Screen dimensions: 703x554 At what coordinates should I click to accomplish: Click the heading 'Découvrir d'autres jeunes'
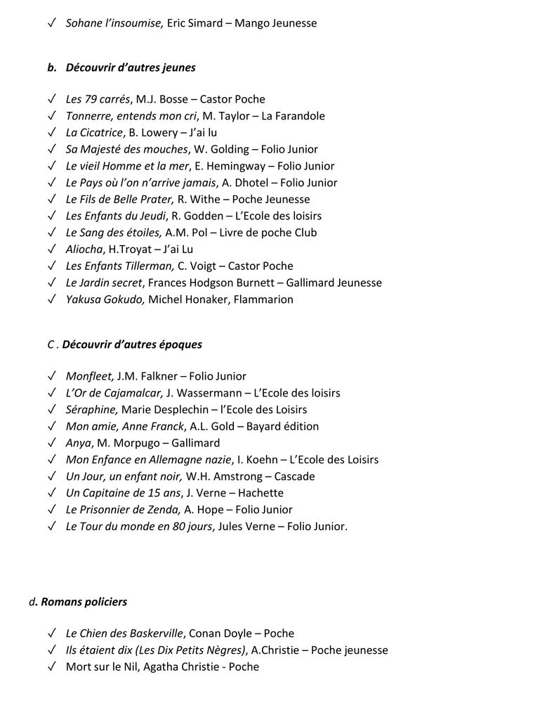click(131, 68)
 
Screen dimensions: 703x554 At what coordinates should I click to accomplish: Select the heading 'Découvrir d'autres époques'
click(132, 344)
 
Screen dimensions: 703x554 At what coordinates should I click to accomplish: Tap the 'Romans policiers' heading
click(84, 602)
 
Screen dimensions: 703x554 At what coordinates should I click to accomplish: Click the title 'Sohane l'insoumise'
click(114, 23)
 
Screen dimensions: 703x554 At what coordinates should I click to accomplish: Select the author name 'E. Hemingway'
click(234, 166)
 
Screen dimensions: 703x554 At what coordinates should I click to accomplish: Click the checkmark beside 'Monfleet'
click(53, 376)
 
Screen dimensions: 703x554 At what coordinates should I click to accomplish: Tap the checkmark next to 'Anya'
click(53, 443)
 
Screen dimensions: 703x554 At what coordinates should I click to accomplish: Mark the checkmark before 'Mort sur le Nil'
click(53, 666)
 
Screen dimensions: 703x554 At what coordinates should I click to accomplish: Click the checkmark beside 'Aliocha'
click(53, 249)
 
